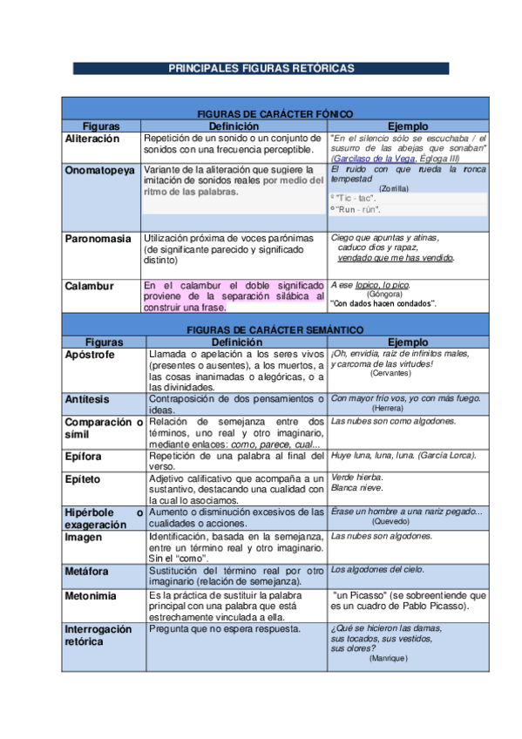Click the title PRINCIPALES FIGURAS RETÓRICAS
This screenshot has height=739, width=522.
pos(261,68)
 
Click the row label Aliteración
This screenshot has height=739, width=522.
pos(92,139)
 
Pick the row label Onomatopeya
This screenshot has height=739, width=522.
pos(100,170)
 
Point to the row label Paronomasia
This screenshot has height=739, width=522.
pos(98,238)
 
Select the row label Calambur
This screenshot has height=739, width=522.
pos(88,286)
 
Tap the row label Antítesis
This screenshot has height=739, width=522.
pos(87,398)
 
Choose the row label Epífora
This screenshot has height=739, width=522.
pos(85,456)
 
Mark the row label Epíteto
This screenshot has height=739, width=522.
pos(83,478)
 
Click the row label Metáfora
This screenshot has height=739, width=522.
pos(87,570)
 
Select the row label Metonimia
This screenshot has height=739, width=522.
pos(90,596)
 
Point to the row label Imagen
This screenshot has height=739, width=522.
pos(84,538)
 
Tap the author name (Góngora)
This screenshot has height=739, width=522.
pos(384,295)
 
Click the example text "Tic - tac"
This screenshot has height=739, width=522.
pos(353,199)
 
